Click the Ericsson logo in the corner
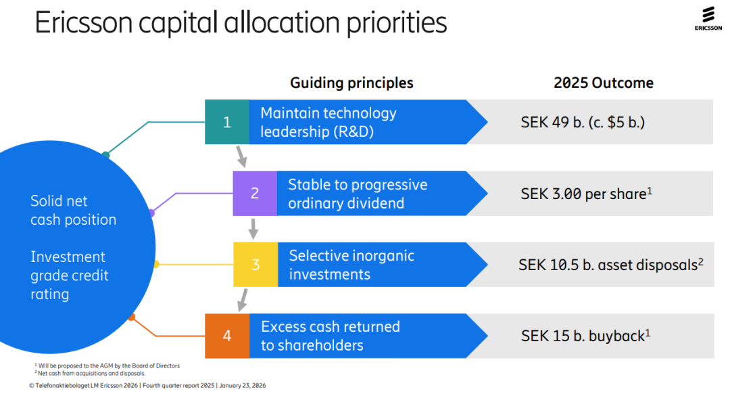[708, 19]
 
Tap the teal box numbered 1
[227, 122]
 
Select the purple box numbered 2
[255, 193]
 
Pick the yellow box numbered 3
[255, 265]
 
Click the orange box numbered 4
[227, 336]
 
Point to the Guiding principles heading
[351, 83]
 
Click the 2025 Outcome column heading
[604, 83]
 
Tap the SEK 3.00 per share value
[586, 194]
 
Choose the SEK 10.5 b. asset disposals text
[611, 265]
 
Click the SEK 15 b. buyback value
[585, 336]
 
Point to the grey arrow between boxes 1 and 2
[241, 156]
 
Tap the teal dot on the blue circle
[105, 155]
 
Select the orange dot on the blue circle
[132, 317]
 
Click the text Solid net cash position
[73, 211]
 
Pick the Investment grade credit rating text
[70, 275]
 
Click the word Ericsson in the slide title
[84, 22]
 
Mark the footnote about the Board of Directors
[107, 366]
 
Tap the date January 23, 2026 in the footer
[243, 386]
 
